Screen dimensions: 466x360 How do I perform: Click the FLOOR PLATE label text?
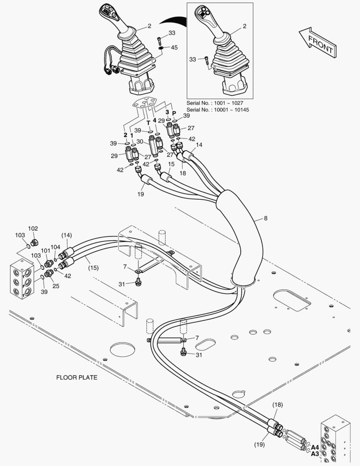click(77, 378)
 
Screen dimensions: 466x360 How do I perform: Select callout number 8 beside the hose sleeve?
click(265, 218)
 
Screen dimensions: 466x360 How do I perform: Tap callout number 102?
click(33, 229)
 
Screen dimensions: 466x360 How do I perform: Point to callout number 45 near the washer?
click(174, 47)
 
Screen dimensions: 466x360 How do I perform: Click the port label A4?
click(315, 447)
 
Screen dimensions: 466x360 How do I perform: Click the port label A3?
click(315, 454)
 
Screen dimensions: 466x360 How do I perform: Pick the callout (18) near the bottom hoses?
click(278, 405)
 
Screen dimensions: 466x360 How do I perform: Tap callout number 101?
click(46, 250)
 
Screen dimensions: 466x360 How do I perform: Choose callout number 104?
click(56, 247)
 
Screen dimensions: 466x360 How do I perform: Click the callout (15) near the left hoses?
click(93, 268)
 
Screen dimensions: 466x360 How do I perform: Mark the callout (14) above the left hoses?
click(66, 235)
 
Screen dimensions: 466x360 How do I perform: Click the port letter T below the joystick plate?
click(148, 123)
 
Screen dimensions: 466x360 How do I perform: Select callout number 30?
click(140, 142)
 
